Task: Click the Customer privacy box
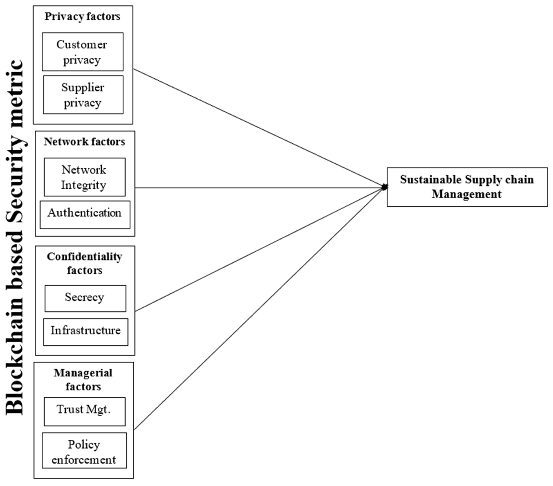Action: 82,52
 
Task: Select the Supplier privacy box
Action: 83,95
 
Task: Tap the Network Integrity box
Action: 84,177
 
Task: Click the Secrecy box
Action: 85,298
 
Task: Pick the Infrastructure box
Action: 86,332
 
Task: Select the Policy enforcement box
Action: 84,450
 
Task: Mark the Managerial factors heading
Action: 83,379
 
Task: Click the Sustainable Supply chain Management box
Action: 467,187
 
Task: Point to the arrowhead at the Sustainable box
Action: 384,187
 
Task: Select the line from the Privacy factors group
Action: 257,127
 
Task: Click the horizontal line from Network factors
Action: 257,187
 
